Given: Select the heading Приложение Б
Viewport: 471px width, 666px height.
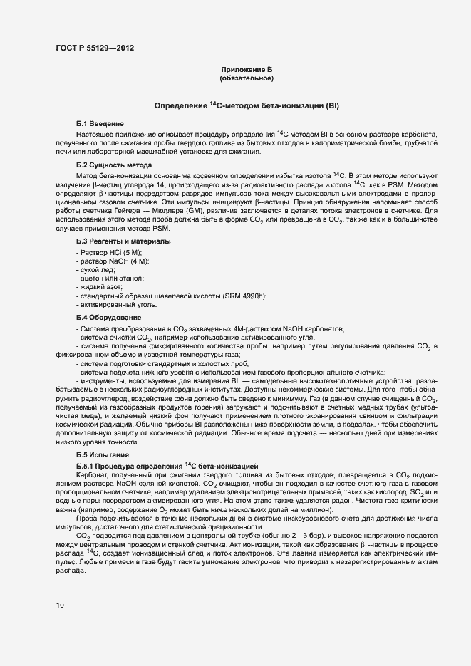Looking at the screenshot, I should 247,69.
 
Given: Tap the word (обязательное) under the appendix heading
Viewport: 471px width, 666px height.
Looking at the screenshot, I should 247,78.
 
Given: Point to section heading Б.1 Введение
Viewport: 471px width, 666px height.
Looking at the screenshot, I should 100,124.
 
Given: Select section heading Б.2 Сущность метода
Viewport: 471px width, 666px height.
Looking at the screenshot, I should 113,165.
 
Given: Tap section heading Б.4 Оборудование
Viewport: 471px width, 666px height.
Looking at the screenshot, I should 108,317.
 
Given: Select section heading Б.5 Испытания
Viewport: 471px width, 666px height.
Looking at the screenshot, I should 105,454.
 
